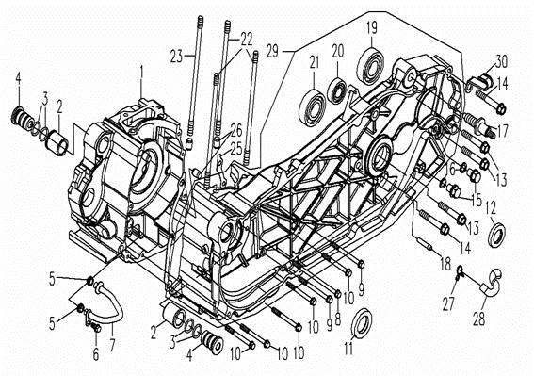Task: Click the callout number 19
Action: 373,27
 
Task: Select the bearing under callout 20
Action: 337,90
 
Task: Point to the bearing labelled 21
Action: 313,107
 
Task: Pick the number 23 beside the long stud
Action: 177,56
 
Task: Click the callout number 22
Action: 246,40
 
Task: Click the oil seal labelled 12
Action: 498,234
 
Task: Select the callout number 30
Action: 501,61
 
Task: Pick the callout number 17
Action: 503,131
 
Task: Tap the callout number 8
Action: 337,319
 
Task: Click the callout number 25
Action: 236,149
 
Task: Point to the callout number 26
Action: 236,131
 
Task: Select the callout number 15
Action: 476,201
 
